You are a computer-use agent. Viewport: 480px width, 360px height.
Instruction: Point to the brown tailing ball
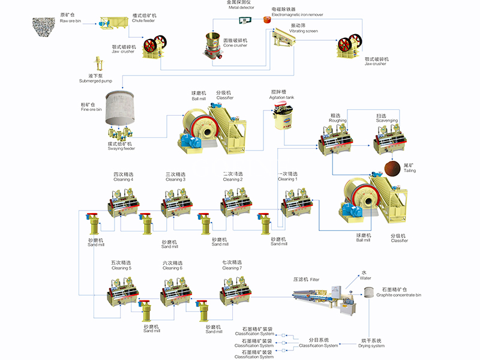point(392,167)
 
